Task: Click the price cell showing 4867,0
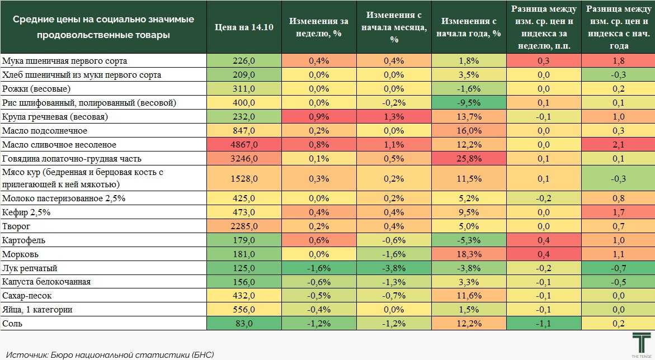(x=244, y=144)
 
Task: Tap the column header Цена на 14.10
(x=244, y=27)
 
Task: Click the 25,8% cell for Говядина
(x=469, y=158)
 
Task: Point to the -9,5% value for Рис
(x=469, y=102)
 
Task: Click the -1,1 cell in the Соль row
(x=544, y=323)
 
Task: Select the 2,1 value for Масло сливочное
(x=618, y=144)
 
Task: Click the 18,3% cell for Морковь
(x=469, y=254)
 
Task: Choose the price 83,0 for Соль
(x=244, y=323)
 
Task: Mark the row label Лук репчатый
(x=30, y=268)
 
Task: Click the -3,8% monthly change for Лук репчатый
(x=394, y=268)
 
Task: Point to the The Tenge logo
(x=641, y=344)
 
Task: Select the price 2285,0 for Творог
(x=244, y=226)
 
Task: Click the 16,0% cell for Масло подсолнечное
(x=469, y=130)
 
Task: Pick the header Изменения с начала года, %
(x=469, y=27)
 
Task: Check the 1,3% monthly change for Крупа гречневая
(x=394, y=116)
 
